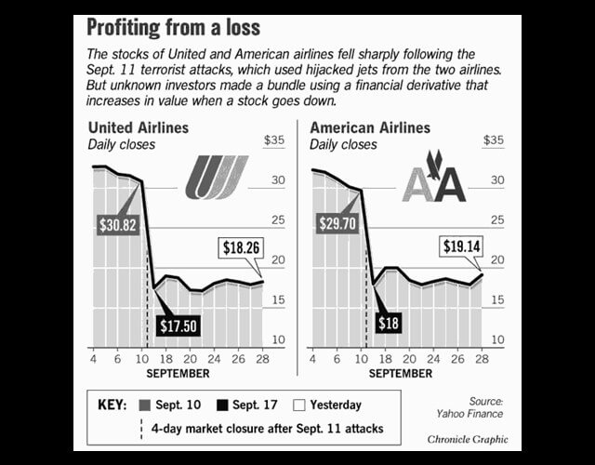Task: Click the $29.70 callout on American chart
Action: pyautogui.click(x=337, y=225)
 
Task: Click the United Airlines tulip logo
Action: pyautogui.click(x=216, y=178)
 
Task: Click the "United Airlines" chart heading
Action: pyautogui.click(x=138, y=127)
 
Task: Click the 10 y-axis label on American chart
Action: pyautogui.click(x=496, y=340)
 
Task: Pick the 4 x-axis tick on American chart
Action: pyautogui.click(x=313, y=358)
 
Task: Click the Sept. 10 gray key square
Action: pyautogui.click(x=142, y=405)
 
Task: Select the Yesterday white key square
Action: pyautogui.click(x=298, y=405)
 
